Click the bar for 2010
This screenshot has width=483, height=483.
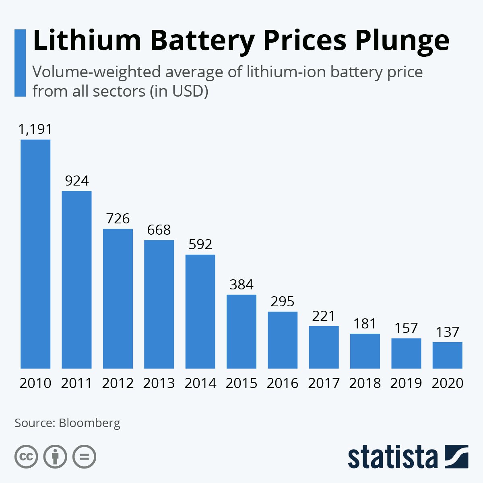pos(35,254)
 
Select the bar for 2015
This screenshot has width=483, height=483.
pos(242,331)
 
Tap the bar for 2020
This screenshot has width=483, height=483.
pos(447,355)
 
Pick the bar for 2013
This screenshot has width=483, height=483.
pos(159,304)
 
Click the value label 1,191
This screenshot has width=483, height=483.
pos(35,129)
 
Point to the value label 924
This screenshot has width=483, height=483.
pos(76,181)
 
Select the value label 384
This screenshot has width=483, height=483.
pos(242,285)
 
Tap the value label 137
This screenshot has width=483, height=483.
pos(447,332)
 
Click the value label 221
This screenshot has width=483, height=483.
pos(324,316)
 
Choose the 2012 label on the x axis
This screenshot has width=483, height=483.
pos(118,383)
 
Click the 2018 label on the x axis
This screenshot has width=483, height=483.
pos(365,383)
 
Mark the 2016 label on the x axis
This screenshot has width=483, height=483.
pos(283,383)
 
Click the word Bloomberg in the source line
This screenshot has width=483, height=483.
pos(89,423)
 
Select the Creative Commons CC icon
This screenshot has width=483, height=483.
pos(26,457)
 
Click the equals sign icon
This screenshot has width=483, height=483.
pos(84,457)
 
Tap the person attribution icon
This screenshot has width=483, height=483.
pos(55,457)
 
